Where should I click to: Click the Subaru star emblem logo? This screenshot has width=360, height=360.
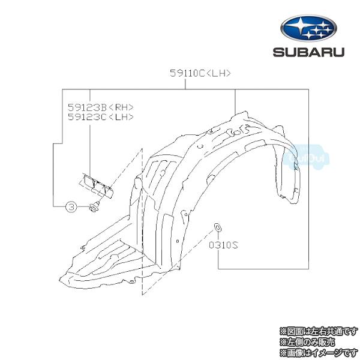tap(308, 28)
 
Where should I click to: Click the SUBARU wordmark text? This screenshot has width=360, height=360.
tap(308, 52)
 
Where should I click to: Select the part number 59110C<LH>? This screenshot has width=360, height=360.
tap(200, 73)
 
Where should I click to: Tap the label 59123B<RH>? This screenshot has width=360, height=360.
tap(101, 107)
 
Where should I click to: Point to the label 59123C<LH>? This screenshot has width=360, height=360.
tap(101, 117)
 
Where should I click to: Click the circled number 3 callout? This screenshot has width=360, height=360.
tap(71, 206)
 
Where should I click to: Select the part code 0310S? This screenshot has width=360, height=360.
tap(223, 245)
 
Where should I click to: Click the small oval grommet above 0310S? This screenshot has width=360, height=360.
tap(217, 227)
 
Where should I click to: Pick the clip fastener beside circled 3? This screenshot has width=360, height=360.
tap(95, 207)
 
